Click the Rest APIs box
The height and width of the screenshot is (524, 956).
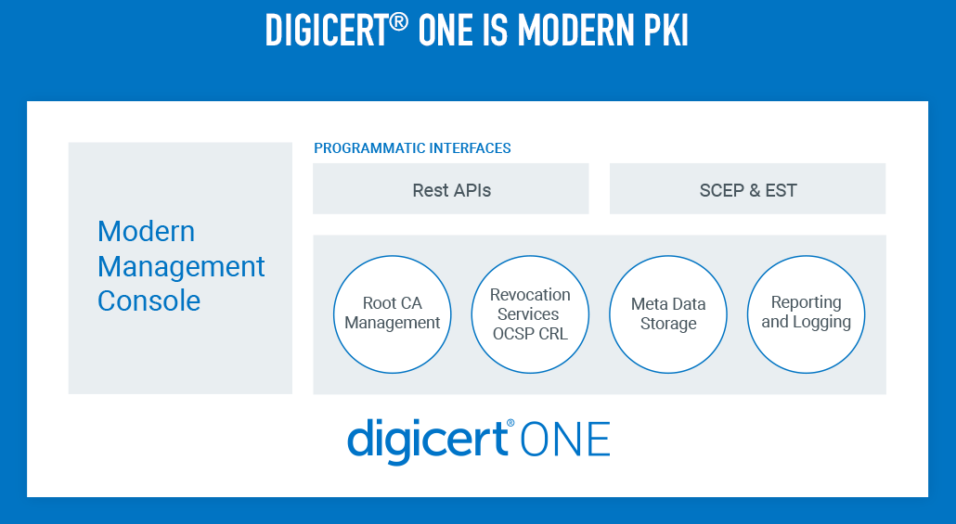pos(451,189)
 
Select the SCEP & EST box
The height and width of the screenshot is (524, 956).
pos(747,189)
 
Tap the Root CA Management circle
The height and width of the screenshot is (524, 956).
pos(393,313)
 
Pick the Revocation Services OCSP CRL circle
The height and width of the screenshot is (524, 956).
pos(530,313)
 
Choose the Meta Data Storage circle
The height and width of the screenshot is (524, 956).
pos(668,313)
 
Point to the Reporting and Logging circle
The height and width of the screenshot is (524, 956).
pos(806,313)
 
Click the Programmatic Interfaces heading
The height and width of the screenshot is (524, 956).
pos(412,148)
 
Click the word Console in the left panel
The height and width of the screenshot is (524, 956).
pos(149,301)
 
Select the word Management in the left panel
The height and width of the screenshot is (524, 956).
pos(181,267)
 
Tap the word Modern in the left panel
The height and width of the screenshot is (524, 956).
pos(146,232)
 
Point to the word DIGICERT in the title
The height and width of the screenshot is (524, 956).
pos(326,31)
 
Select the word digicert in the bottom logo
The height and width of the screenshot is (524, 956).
pos(426,441)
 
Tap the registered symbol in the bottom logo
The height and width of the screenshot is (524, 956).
pos(510,423)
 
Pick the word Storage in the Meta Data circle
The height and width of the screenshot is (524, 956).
pos(668,324)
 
